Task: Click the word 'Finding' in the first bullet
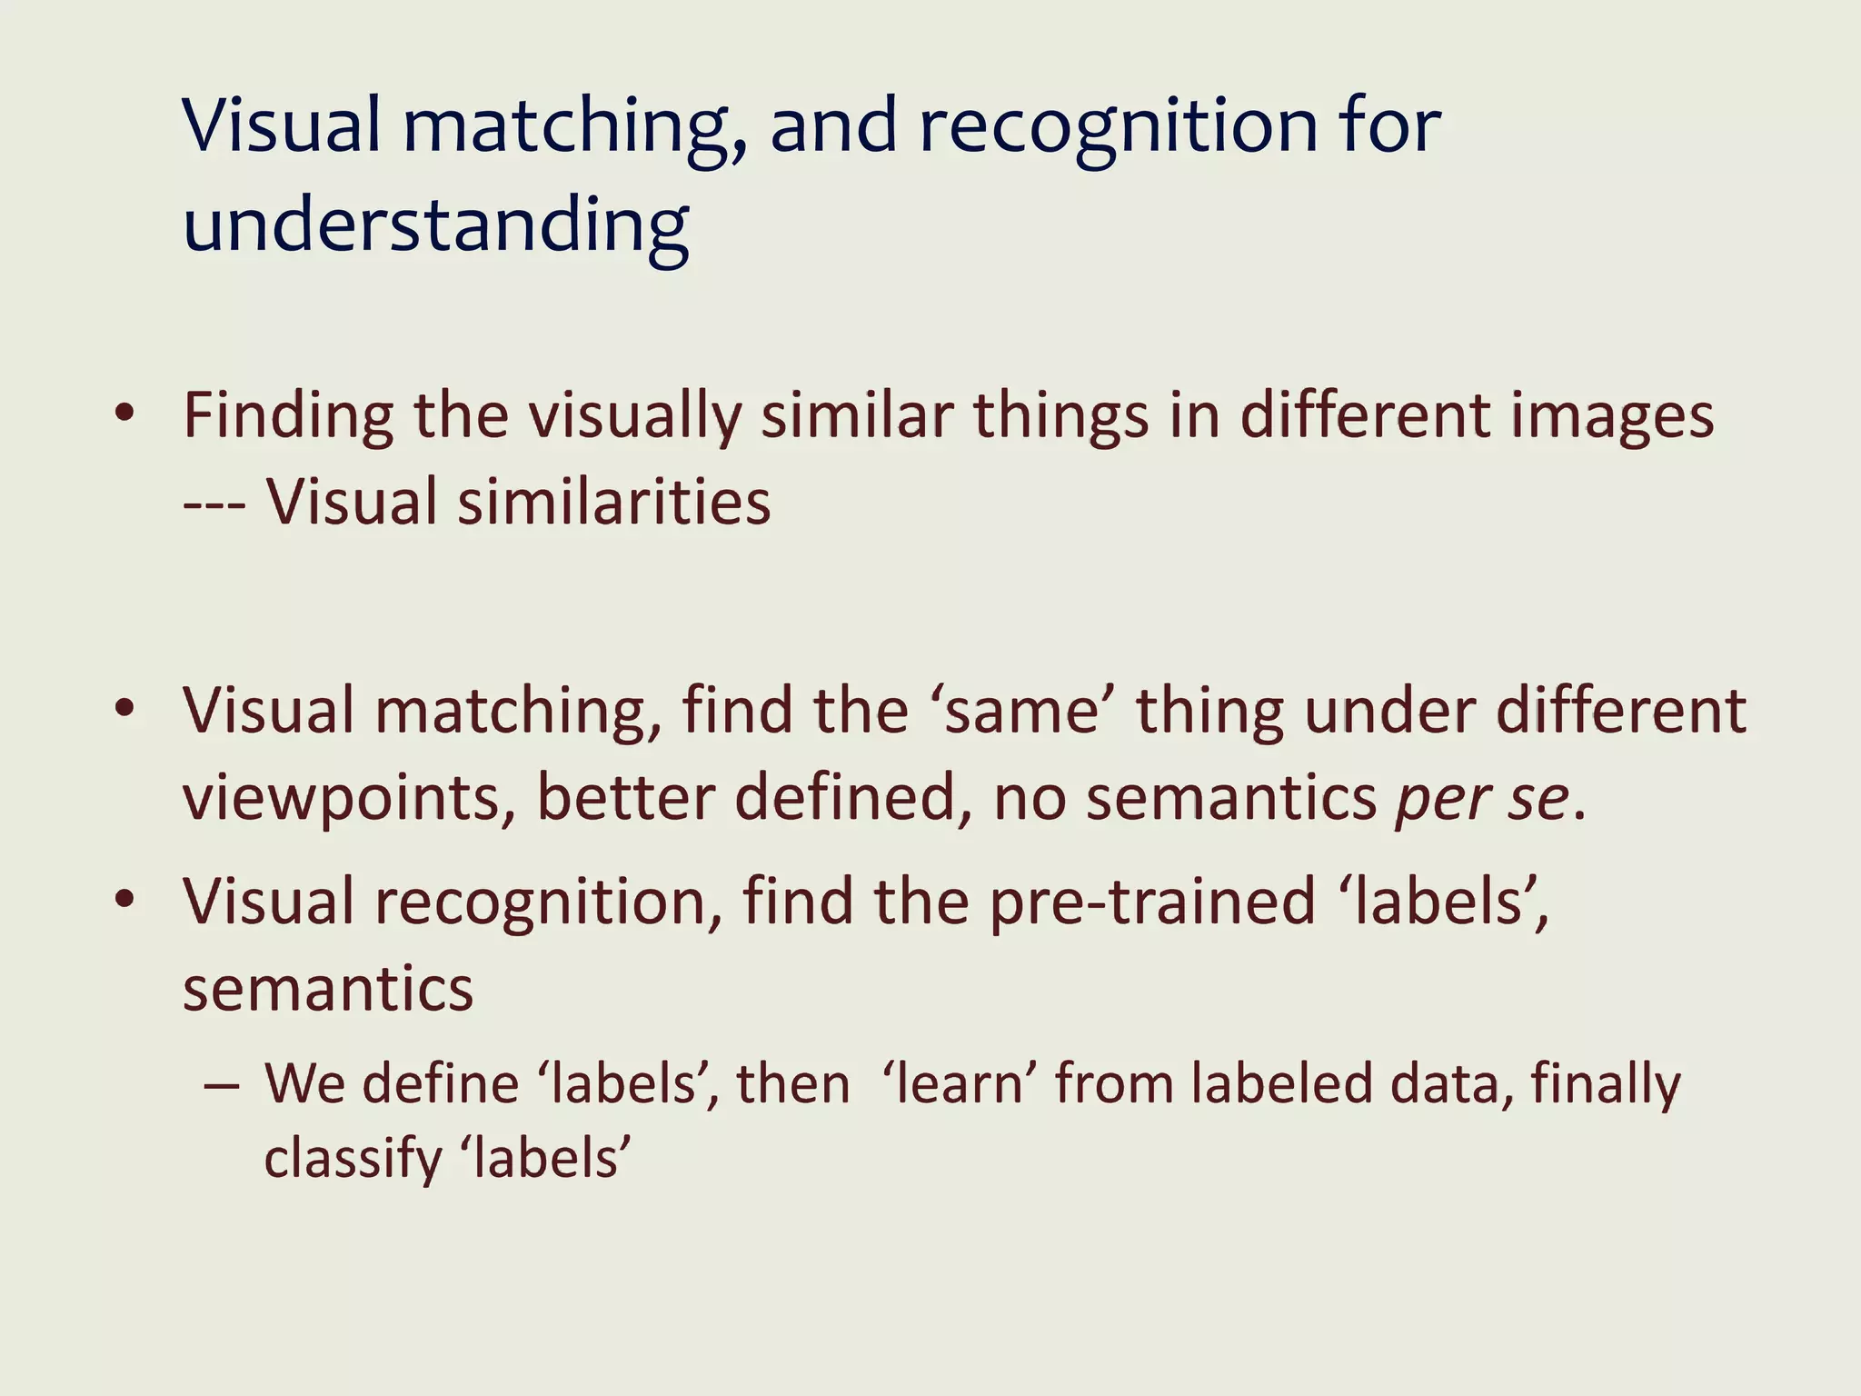click(x=288, y=416)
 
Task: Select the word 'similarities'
click(x=614, y=503)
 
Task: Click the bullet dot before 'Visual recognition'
click(x=125, y=901)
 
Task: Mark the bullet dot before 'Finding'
click(x=125, y=414)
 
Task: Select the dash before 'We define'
click(x=223, y=1085)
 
